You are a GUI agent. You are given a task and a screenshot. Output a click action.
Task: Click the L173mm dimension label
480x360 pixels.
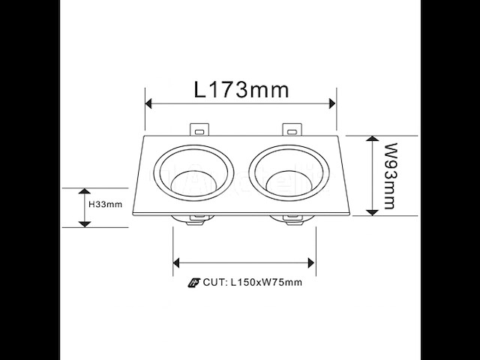(241, 90)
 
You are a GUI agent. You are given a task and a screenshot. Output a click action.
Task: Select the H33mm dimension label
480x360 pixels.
(105, 204)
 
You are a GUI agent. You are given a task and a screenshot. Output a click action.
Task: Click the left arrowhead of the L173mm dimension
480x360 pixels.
(149, 103)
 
